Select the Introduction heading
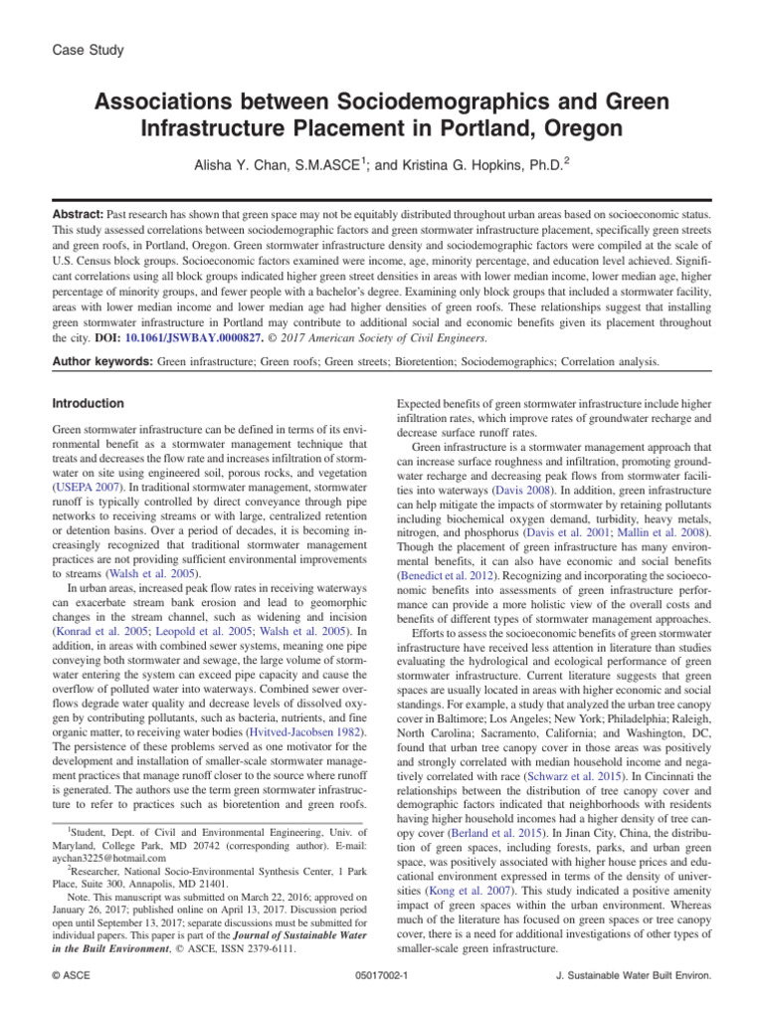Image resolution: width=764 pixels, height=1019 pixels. point(88,404)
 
